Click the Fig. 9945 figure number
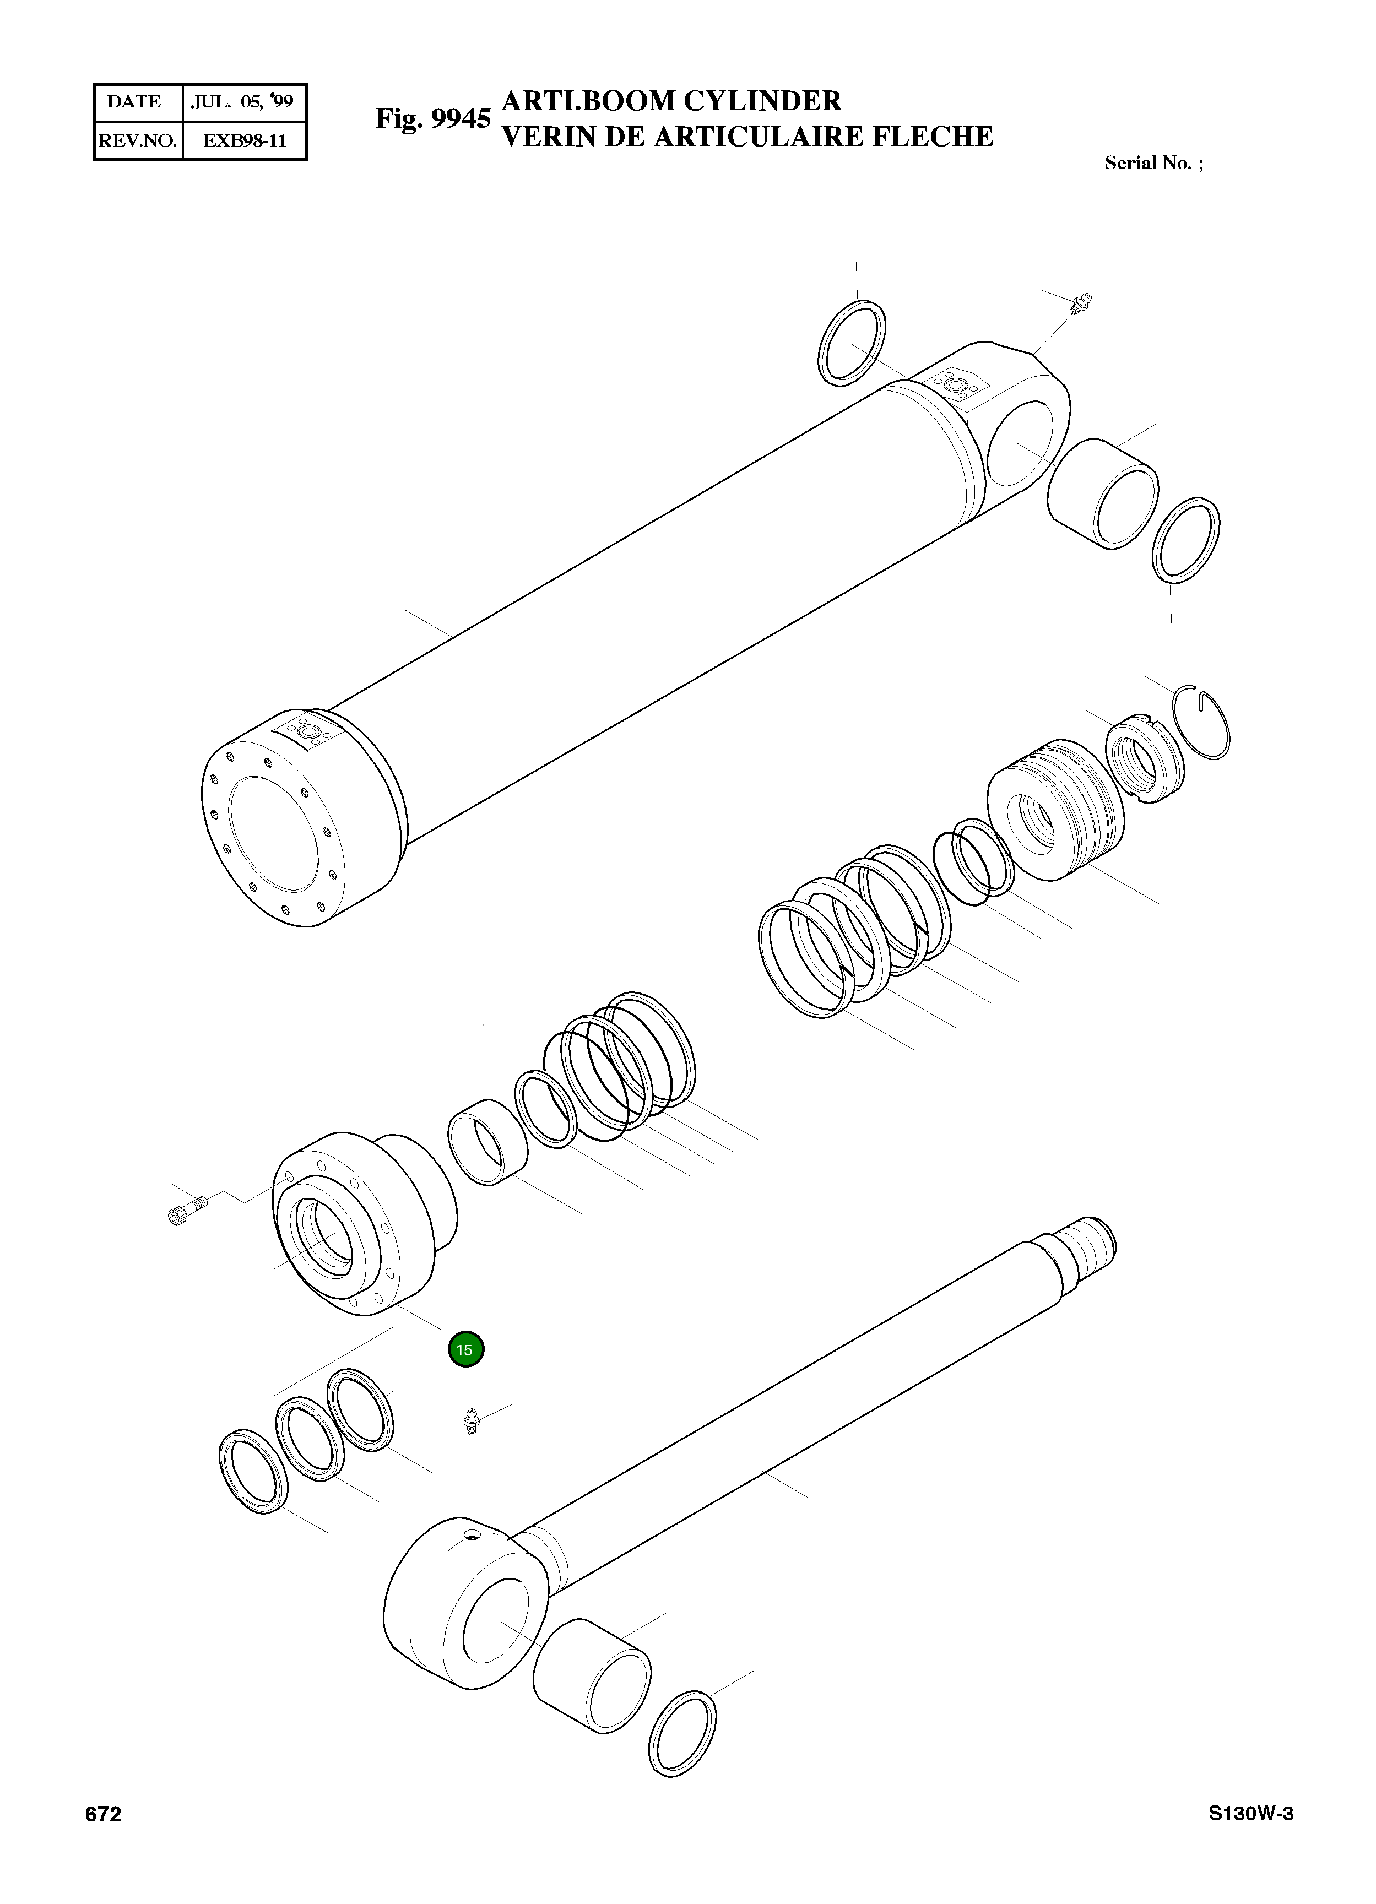tap(432, 119)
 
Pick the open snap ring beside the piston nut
tap(1203, 723)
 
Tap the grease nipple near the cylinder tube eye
tap(1080, 304)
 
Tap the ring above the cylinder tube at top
tap(851, 343)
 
